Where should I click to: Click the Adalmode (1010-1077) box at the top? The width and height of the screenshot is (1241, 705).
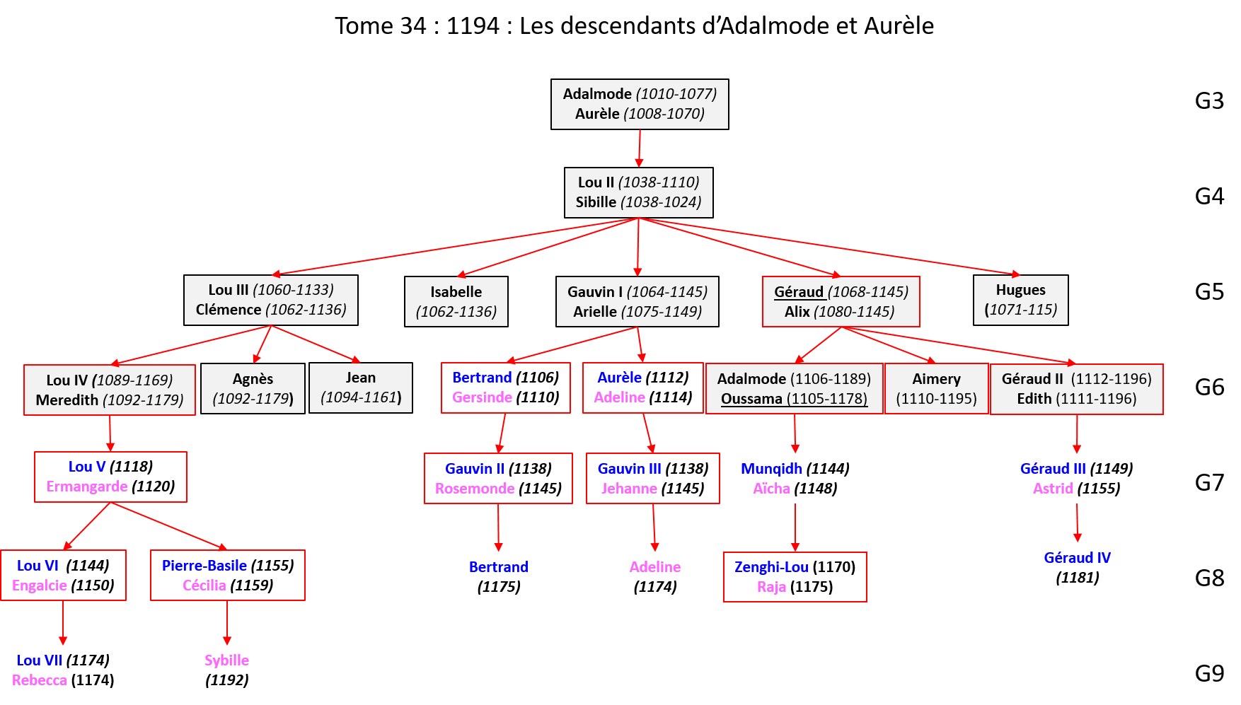coord(640,104)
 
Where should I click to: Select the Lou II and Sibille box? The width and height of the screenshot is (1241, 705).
coord(638,192)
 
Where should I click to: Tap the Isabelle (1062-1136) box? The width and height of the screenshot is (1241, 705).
coord(456,301)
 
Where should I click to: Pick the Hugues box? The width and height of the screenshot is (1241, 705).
coord(1020,300)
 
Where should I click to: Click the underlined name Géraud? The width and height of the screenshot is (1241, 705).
coord(799,292)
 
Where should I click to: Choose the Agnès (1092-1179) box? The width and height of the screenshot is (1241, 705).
coord(253,388)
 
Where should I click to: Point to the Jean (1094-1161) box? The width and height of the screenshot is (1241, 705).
coord(361,388)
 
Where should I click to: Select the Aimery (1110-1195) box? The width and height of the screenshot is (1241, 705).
coord(936,388)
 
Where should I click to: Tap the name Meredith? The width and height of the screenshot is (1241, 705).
coord(67,400)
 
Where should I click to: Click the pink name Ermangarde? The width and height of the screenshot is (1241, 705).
coord(87,486)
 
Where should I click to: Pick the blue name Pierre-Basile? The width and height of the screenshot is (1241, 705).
coord(204,566)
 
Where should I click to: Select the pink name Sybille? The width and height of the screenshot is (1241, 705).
coord(226,660)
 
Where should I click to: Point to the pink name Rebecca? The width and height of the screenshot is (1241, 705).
coord(40,680)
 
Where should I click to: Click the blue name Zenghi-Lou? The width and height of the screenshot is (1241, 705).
coord(771,567)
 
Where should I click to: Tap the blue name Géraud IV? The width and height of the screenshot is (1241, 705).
coord(1077,558)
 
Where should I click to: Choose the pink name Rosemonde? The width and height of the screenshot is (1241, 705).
coord(475,489)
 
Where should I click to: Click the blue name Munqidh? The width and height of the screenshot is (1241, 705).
coord(771,469)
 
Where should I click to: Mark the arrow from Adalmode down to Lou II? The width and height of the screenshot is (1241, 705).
coord(639,148)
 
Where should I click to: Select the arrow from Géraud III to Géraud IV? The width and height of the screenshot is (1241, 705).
coord(1077,523)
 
